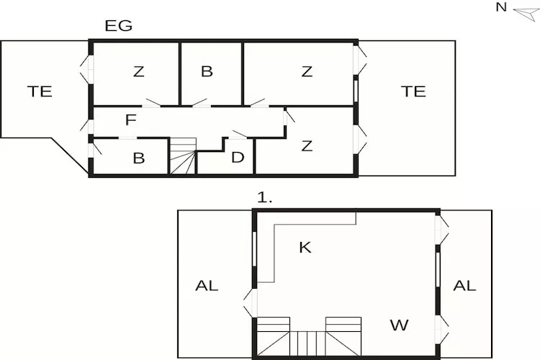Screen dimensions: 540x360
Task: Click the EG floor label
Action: (119, 26)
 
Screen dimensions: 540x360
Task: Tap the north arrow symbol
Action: (526, 14)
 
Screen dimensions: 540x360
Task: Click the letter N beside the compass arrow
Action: (501, 7)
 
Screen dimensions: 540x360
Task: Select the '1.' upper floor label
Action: (265, 198)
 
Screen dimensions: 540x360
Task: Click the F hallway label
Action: (131, 120)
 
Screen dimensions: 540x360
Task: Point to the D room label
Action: (238, 158)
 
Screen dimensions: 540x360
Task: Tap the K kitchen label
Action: (305, 248)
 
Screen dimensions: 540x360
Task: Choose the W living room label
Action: (399, 325)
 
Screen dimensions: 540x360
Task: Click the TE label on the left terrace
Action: (40, 91)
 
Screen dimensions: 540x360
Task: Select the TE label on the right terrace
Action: (413, 91)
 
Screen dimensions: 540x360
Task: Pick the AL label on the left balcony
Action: (207, 286)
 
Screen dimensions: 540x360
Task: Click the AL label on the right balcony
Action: (464, 286)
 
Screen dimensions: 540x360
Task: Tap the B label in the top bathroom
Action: (207, 71)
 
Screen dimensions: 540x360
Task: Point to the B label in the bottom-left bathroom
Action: (139, 158)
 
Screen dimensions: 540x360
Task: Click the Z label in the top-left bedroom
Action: (138, 72)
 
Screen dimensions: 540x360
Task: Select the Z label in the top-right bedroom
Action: (307, 72)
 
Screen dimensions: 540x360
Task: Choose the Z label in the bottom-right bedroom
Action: (307, 146)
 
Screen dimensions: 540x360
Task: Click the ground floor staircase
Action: (183, 156)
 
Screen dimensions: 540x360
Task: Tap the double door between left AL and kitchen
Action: (250, 303)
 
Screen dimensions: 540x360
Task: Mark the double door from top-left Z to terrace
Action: (87, 70)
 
